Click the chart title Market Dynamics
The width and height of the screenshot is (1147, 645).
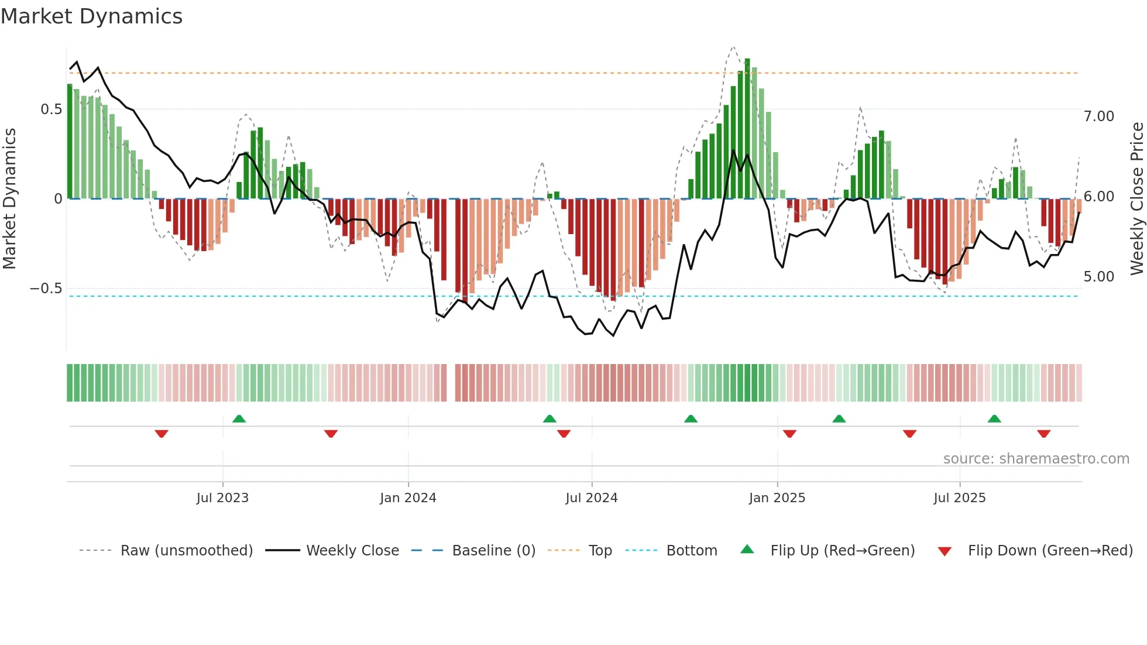91,16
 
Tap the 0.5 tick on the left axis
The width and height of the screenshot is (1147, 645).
51,109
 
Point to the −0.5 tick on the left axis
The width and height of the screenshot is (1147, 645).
46,289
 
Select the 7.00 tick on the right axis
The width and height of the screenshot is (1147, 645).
1098,116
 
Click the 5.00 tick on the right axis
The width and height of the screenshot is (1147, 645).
1098,277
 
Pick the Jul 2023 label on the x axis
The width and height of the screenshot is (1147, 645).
222,498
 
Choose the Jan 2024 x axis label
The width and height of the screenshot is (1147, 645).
408,498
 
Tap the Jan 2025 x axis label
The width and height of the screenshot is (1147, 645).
777,498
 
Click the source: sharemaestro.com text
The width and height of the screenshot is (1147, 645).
1036,459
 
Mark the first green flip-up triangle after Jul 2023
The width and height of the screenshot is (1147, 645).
239,419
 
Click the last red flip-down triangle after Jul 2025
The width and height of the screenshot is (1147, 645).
1043,434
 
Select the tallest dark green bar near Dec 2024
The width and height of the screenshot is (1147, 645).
747,129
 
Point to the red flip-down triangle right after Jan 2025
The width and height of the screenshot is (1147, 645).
789,434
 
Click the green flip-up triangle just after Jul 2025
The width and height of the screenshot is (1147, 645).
994,419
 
